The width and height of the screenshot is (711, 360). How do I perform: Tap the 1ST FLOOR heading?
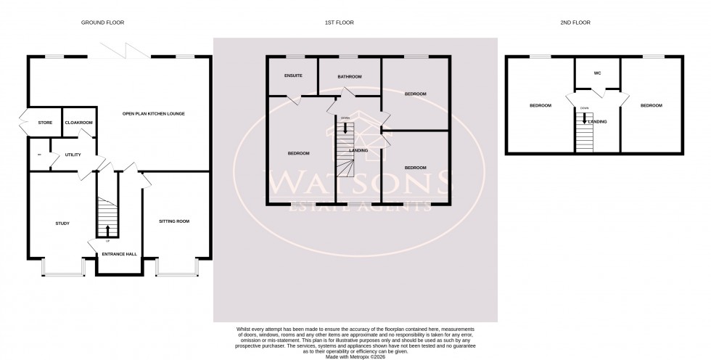pyautogui.click(x=340, y=23)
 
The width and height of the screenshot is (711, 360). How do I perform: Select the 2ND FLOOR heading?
pyautogui.click(x=575, y=23)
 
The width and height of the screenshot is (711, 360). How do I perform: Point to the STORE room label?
pyautogui.click(x=45, y=123)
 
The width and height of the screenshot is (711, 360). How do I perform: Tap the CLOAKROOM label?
pyautogui.click(x=79, y=123)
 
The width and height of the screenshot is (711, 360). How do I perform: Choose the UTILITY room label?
pyautogui.click(x=73, y=155)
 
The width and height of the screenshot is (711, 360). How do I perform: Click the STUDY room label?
pyautogui.click(x=62, y=223)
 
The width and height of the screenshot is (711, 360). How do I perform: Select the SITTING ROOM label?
pyautogui.click(x=174, y=221)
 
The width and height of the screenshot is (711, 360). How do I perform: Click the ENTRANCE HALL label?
pyautogui.click(x=120, y=255)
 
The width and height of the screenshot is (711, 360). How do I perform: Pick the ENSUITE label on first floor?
pyautogui.click(x=293, y=75)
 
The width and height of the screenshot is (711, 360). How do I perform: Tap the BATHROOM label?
pyautogui.click(x=350, y=75)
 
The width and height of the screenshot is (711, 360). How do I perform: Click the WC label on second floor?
pyautogui.click(x=598, y=73)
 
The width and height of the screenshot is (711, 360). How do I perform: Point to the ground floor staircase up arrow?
pyautogui.click(x=108, y=231)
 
